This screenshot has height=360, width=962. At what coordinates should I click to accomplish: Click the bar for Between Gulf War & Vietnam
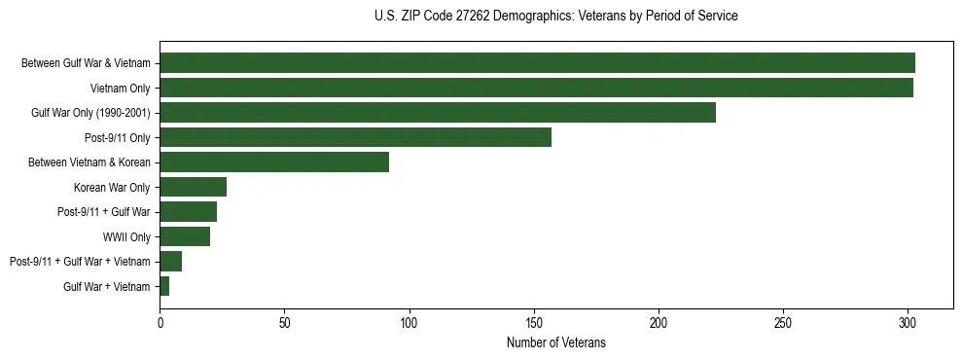537,63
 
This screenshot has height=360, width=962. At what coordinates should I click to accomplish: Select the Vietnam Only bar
536,88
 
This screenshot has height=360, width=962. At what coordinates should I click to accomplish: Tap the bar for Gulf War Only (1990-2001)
438,113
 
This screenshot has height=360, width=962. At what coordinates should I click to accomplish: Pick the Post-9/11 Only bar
355,137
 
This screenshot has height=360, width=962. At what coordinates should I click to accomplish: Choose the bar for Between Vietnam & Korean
274,162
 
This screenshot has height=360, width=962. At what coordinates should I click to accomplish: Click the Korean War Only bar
193,187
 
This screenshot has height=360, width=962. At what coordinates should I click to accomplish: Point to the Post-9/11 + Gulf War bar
188,211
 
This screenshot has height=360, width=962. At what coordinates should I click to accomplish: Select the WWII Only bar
185,236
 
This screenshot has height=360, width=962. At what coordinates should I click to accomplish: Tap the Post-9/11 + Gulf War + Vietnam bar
170,261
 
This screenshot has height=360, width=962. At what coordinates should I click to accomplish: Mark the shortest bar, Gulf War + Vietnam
164,286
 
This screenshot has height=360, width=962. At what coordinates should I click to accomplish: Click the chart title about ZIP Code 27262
555,17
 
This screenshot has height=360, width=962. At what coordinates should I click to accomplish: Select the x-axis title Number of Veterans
555,342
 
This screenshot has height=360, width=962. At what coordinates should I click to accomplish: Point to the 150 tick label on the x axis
533,322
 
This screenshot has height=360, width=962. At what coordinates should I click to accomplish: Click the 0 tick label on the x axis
160,322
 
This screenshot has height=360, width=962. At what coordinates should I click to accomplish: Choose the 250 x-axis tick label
783,322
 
